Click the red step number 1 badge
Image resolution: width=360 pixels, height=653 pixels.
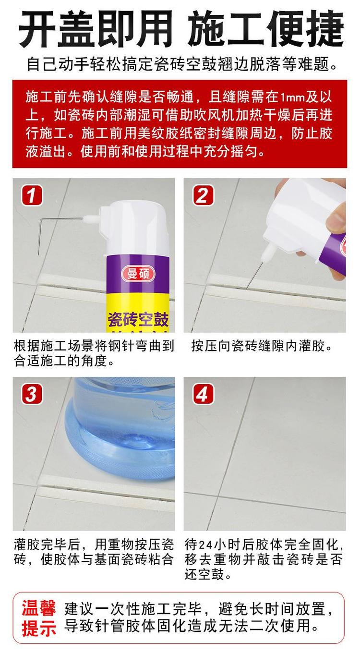click(32, 196)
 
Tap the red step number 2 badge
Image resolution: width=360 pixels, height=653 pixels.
click(204, 196)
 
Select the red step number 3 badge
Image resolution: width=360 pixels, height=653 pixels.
click(32, 394)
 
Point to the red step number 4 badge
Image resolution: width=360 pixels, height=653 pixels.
click(204, 394)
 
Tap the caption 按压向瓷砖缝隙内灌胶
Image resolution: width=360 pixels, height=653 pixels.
click(262, 346)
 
